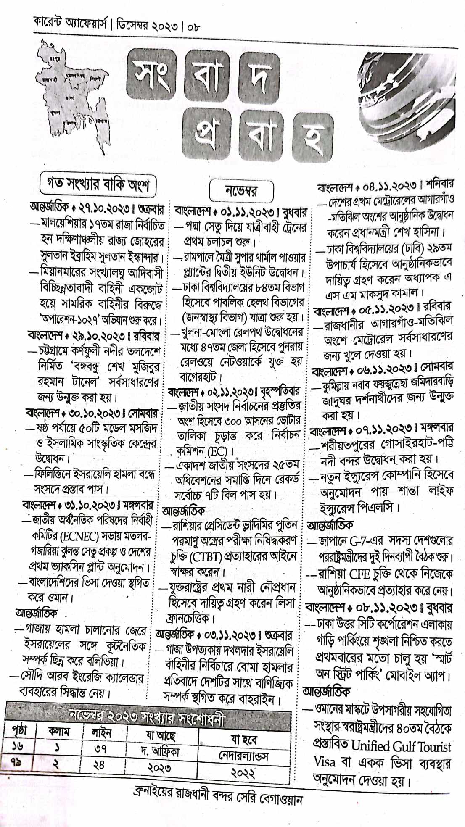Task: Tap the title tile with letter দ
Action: pos(258,79)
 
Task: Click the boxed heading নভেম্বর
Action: pos(241,192)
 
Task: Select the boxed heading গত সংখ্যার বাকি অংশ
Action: pos(98,185)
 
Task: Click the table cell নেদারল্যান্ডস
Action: pos(242,756)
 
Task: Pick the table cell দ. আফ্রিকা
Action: pos(160,751)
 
